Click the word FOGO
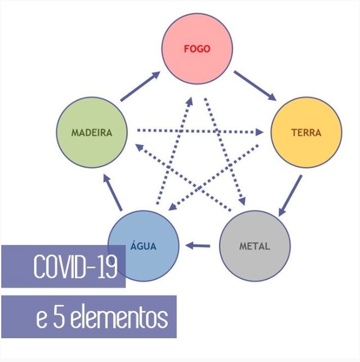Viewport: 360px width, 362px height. pyautogui.click(x=197, y=49)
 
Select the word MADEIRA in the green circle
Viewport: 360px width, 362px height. pyautogui.click(x=92, y=133)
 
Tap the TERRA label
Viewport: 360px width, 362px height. pyautogui.click(x=306, y=133)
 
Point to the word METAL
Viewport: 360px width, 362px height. pyautogui.click(x=254, y=246)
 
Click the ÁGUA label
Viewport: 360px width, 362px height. pyautogui.click(x=143, y=245)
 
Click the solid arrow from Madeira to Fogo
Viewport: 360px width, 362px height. pyautogui.click(x=140, y=87)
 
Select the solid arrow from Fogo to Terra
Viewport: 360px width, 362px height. pyautogui.click(x=255, y=86)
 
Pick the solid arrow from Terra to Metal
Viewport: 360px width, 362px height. pyautogui.click(x=290, y=196)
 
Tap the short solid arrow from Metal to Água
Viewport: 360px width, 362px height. pyautogui.click(x=198, y=246)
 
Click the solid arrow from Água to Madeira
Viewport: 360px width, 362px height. pyautogui.click(x=113, y=193)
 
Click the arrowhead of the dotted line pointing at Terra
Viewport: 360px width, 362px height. pyautogui.click(x=259, y=132)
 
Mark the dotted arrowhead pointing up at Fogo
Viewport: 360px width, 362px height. pyautogui.click(x=190, y=102)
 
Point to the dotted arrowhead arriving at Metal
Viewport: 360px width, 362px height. pyautogui.click(x=242, y=201)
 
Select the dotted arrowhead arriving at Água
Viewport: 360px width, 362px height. pyautogui.click(x=173, y=207)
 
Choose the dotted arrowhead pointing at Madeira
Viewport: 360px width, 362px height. pyautogui.click(x=139, y=147)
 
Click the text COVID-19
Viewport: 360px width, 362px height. pyautogui.click(x=75, y=266)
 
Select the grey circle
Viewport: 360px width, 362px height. pyautogui.click(x=254, y=246)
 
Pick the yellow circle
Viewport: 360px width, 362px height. pyautogui.click(x=306, y=132)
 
